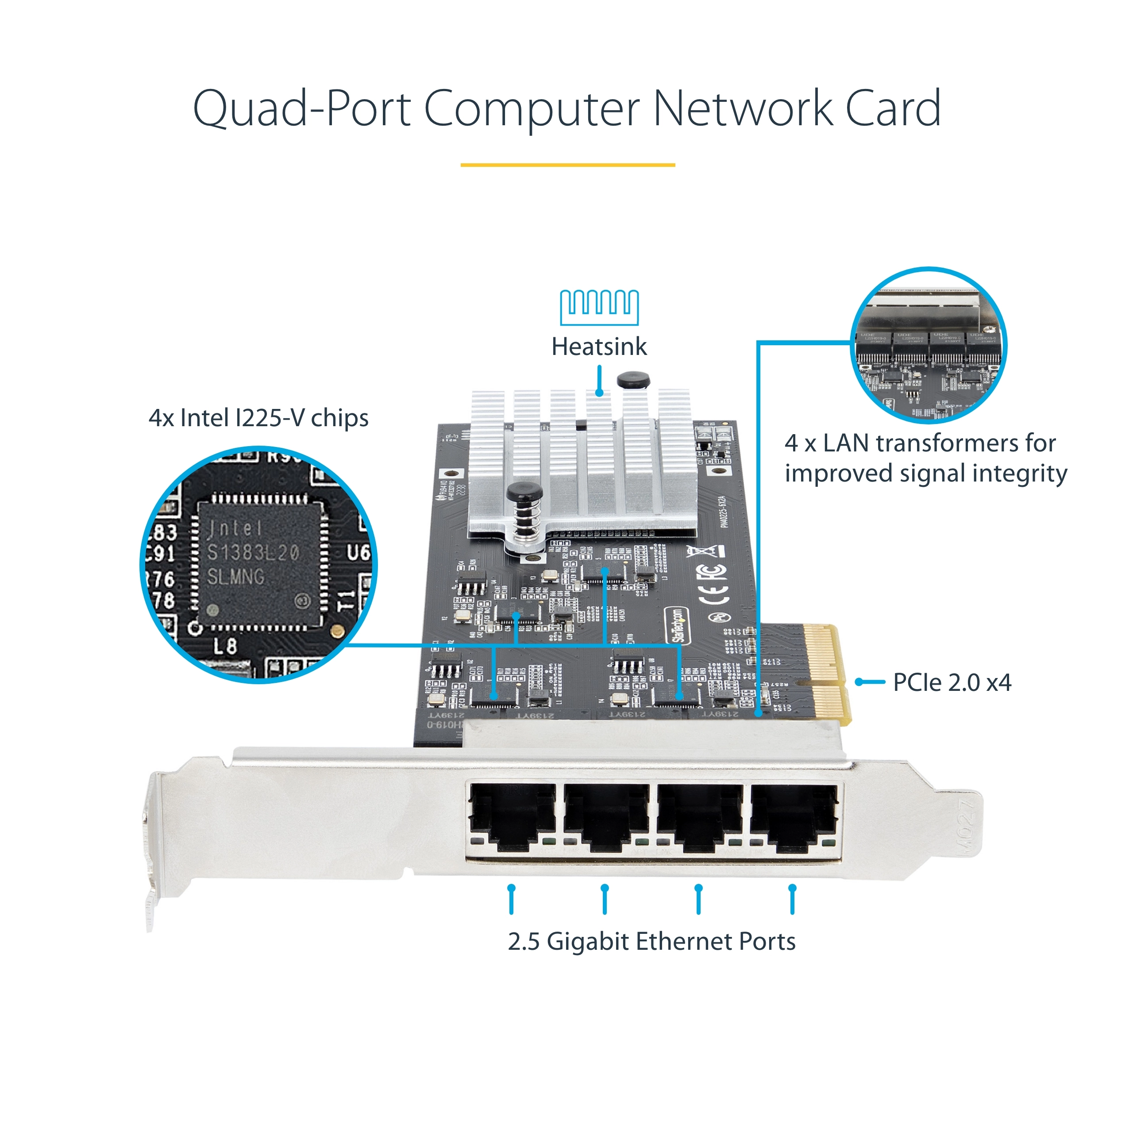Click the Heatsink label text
coord(599,347)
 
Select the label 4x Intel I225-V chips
coord(258,418)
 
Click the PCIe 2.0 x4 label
coord(952,682)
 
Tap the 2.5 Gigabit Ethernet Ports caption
coord(651,941)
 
